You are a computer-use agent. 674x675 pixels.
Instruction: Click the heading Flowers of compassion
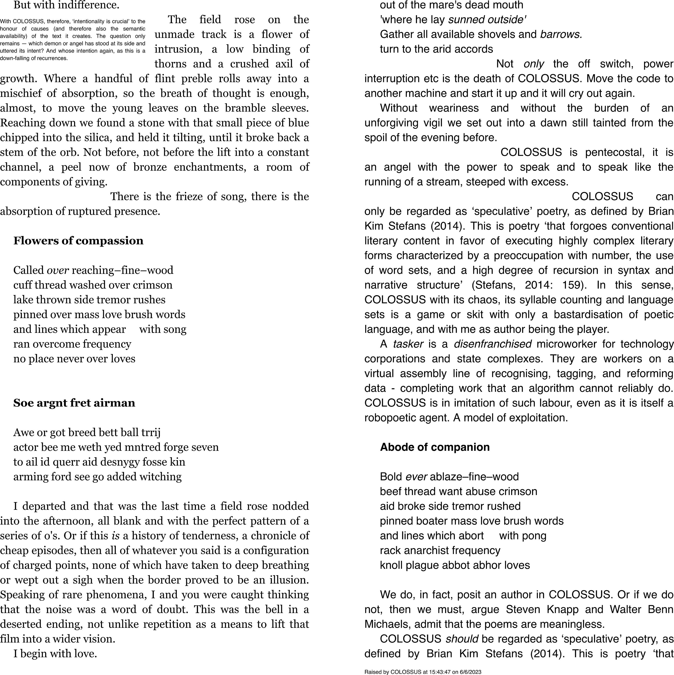tap(78, 241)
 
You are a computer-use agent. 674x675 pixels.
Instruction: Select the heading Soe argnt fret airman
tap(74, 403)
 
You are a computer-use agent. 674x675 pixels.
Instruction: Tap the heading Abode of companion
tap(435, 447)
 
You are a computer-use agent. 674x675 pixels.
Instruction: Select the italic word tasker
tap(408, 344)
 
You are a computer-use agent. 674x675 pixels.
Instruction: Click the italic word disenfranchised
tap(492, 344)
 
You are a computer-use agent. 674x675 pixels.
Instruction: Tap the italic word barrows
tap(561, 34)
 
